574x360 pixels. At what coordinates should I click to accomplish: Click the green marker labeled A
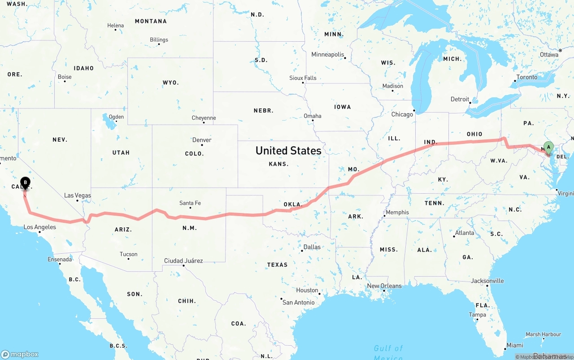(548, 147)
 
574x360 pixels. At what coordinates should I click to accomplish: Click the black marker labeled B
(26, 182)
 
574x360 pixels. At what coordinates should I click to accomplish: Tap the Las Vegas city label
(77, 195)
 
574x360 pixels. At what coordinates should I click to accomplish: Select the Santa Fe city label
(190, 203)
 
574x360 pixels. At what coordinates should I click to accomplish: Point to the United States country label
(288, 151)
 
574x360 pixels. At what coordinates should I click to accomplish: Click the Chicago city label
(402, 114)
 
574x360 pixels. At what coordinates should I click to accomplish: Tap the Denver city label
(201, 140)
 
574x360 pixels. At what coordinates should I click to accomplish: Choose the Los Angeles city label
(40, 227)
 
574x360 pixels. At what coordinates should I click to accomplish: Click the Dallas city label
(312, 247)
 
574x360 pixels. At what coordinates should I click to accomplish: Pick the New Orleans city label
(384, 286)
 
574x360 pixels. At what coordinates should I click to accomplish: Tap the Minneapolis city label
(328, 55)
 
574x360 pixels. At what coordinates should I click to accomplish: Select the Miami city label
(514, 345)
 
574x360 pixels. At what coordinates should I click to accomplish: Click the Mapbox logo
(20, 354)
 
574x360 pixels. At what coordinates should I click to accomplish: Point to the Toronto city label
(526, 77)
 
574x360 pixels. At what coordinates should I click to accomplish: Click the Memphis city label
(397, 213)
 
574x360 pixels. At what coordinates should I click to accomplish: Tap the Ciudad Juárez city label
(183, 260)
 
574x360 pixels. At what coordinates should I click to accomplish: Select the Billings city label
(159, 40)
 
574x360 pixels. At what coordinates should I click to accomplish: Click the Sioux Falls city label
(303, 78)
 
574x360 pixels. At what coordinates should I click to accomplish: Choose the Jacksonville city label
(487, 281)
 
